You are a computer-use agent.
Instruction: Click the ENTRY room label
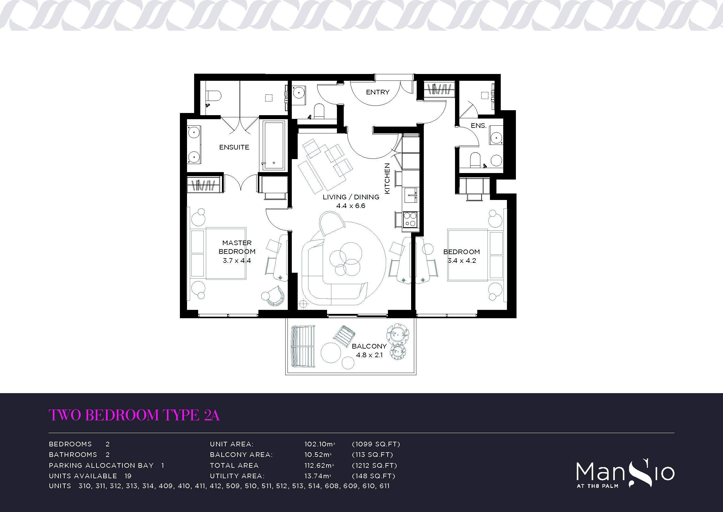pyautogui.click(x=377, y=92)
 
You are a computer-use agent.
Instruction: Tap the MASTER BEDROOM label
pyautogui.click(x=237, y=247)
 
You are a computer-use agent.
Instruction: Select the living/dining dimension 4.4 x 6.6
pyautogui.click(x=351, y=206)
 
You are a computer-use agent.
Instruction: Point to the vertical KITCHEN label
pyautogui.click(x=387, y=178)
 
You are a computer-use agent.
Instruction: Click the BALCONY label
pyautogui.click(x=369, y=346)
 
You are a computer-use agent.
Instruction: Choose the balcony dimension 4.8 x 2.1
pyautogui.click(x=369, y=355)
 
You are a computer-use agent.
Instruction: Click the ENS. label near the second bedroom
pyautogui.click(x=478, y=125)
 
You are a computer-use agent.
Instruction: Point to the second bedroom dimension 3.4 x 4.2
pyautogui.click(x=461, y=261)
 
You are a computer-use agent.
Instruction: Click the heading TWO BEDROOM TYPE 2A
pyautogui.click(x=134, y=415)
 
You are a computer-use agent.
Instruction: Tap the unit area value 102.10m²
pyautogui.click(x=320, y=444)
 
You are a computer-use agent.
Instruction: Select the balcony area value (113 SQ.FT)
pyautogui.click(x=372, y=455)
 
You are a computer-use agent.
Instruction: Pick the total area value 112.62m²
pyautogui.click(x=319, y=465)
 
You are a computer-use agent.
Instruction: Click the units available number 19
pyautogui.click(x=128, y=476)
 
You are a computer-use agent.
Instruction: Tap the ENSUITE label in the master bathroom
pyautogui.click(x=234, y=147)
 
